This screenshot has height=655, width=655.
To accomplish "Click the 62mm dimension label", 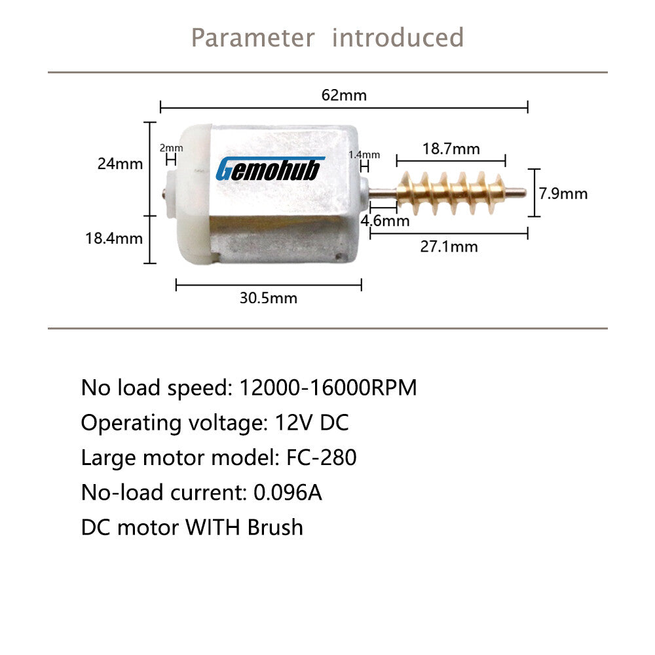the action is [x=344, y=95].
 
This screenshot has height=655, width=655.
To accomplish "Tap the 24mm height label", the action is [x=121, y=163].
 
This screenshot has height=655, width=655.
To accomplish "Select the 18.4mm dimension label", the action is [x=114, y=238].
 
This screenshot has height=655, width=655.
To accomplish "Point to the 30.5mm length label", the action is [x=268, y=298].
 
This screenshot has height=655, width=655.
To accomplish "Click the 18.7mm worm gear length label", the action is [x=451, y=149].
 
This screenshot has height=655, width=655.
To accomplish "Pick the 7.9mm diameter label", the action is [x=563, y=193].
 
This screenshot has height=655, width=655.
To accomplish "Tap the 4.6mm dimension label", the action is [x=385, y=221].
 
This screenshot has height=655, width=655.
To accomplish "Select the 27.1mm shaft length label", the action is [x=449, y=246].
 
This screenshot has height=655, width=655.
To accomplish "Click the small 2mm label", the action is [x=171, y=148].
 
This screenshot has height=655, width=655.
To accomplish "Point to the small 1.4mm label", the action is [x=364, y=155].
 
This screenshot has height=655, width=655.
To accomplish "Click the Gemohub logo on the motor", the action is [x=270, y=169].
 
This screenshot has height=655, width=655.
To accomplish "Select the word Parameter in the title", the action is [x=253, y=37].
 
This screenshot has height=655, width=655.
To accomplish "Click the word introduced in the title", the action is [x=398, y=37].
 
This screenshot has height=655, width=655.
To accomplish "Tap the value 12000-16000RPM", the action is [x=328, y=387].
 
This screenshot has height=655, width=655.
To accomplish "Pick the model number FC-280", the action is [x=321, y=457].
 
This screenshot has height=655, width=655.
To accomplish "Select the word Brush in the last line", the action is [x=275, y=527].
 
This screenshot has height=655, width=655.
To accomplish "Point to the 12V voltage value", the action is [x=293, y=422].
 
